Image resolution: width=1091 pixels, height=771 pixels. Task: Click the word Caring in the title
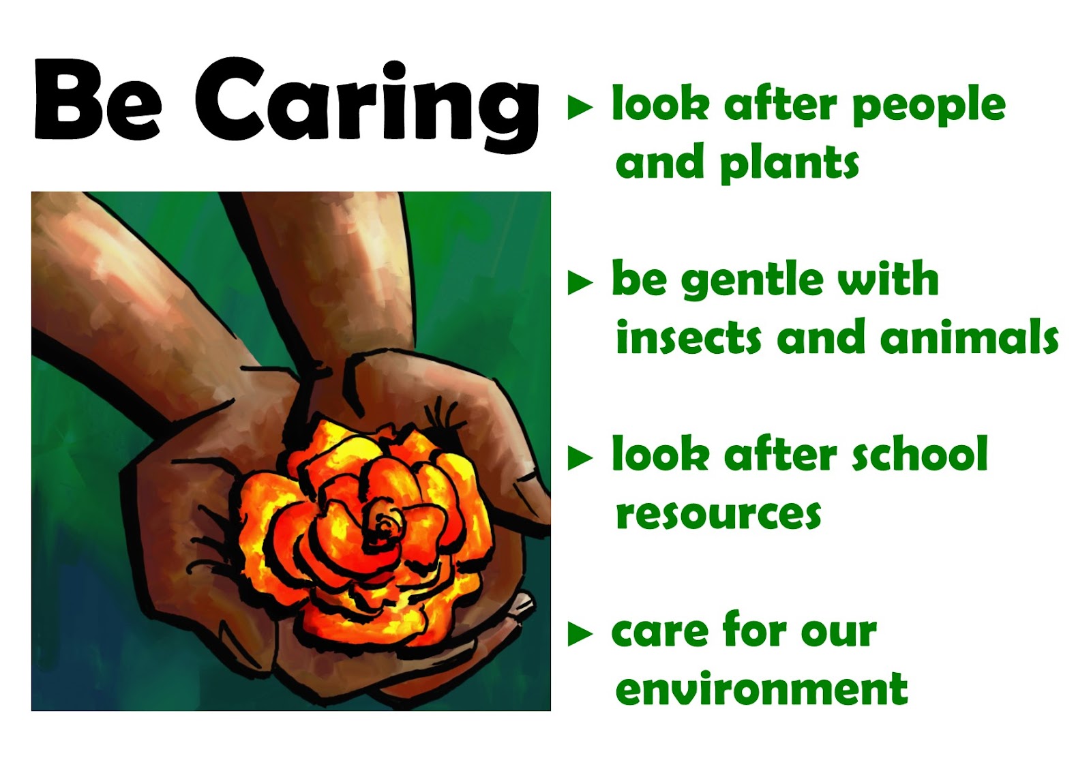[x=368, y=105]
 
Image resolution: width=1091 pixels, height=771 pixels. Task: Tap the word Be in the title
[x=98, y=100]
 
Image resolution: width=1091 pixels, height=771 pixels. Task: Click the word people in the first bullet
[x=929, y=108]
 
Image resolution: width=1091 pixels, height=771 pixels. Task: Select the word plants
[x=790, y=163]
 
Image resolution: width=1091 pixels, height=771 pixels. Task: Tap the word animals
[x=969, y=335]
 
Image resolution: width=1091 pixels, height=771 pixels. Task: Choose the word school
[x=920, y=453]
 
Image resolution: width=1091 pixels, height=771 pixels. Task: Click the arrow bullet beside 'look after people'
[x=580, y=107]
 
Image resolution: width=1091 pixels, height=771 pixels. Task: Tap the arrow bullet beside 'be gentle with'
[x=580, y=282]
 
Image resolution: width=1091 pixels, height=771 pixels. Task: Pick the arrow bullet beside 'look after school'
[x=580, y=458]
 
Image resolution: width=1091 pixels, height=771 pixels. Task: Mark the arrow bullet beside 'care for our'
[x=580, y=633]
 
